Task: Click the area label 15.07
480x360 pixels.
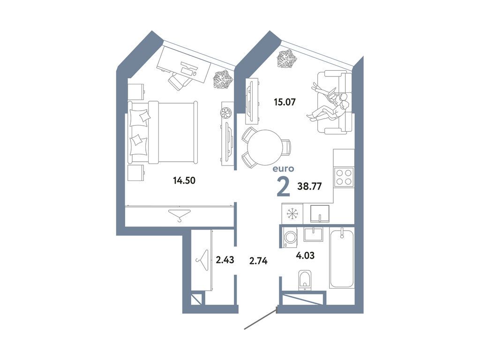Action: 285,101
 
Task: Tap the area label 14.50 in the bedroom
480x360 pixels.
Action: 184,180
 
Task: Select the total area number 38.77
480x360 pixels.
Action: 309,186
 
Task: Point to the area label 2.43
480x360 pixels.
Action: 225,259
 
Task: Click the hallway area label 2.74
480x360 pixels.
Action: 258,262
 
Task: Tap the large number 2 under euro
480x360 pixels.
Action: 283,186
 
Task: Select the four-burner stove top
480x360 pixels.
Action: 344,177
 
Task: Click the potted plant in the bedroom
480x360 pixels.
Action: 223,79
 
